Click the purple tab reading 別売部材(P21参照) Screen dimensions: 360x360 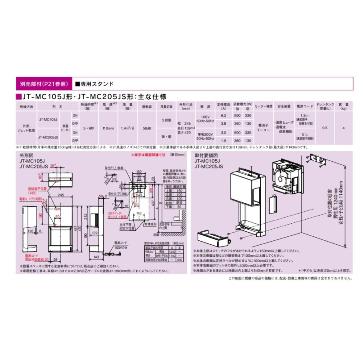coord(44,84)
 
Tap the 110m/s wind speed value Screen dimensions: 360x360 coord(108,128)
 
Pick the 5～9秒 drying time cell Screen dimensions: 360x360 coord(89,128)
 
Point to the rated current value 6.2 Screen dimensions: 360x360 coord(224,115)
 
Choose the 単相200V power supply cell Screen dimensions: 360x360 coord(205,134)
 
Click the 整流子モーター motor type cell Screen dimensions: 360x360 coord(263,128)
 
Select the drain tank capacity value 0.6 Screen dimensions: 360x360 coord(325,128)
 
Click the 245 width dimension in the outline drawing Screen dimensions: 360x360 coord(61,195)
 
